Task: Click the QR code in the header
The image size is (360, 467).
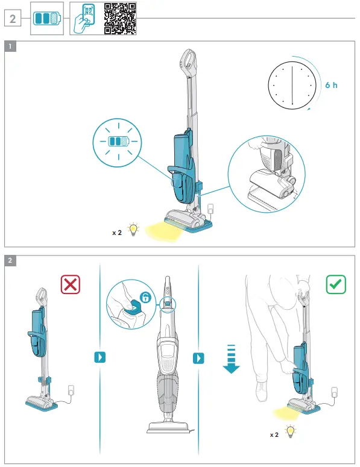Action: pos(120,17)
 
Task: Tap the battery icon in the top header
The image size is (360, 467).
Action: pos(47,18)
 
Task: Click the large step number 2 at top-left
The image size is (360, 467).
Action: pos(13,19)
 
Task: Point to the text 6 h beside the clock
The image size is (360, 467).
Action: pos(331,85)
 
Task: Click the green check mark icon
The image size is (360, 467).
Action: pos(336,284)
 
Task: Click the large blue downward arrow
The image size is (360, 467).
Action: pos(232,360)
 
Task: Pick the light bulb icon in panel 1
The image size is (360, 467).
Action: pos(133,229)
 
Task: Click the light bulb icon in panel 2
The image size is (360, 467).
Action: pos(291,431)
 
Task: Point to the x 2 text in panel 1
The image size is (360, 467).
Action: pos(116,231)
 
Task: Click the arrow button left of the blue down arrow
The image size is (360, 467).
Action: pos(197,358)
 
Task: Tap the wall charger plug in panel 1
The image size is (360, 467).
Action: pos(211,208)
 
